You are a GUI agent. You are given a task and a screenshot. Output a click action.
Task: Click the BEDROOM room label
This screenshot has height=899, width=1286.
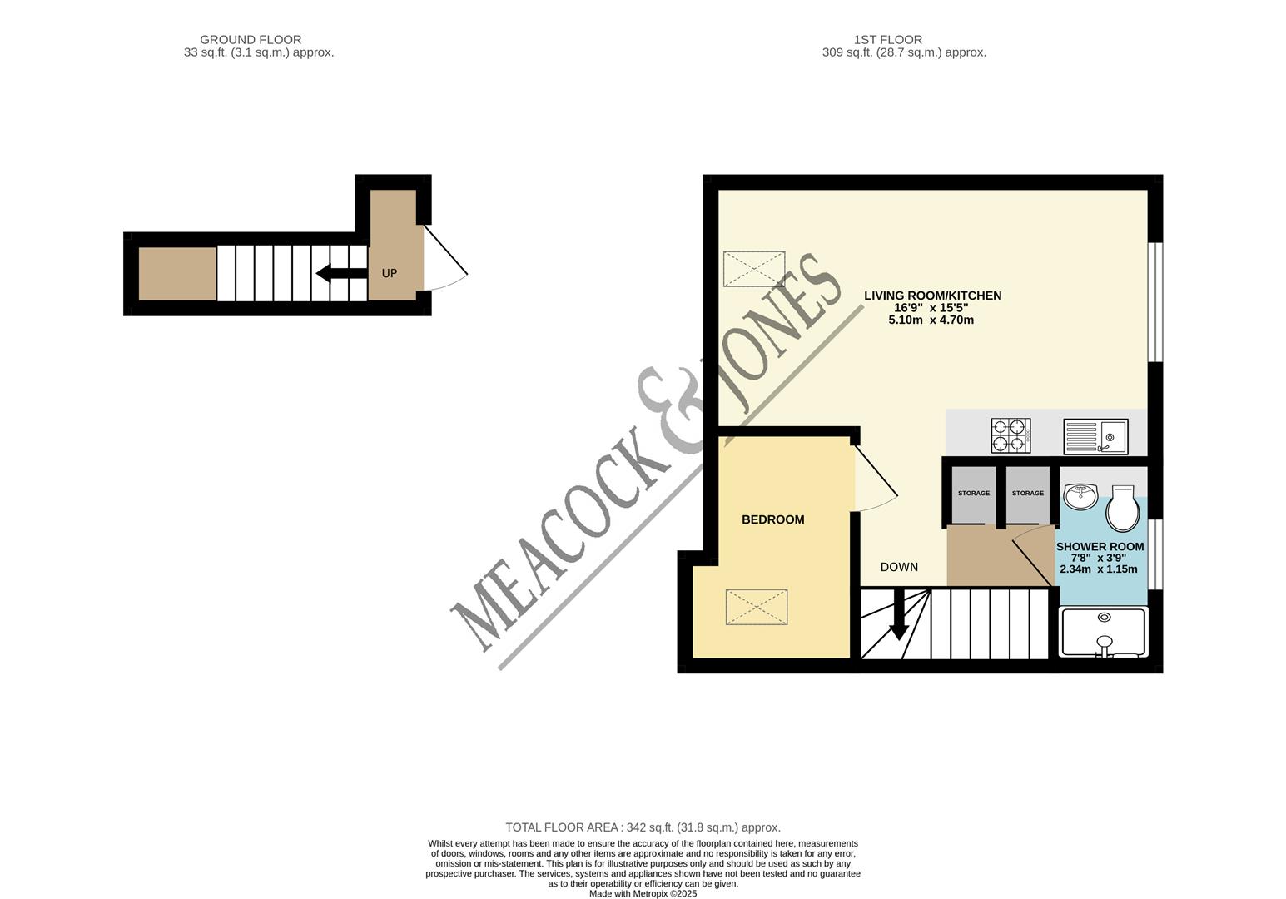(772, 519)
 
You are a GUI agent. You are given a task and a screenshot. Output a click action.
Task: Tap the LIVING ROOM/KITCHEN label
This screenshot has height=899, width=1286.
(932, 296)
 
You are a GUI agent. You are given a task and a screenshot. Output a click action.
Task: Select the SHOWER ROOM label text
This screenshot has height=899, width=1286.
(1100, 547)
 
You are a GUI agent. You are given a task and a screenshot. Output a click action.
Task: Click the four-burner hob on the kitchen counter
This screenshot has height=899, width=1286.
(1010, 435)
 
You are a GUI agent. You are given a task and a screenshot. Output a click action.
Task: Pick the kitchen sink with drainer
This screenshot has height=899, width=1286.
(1095, 436)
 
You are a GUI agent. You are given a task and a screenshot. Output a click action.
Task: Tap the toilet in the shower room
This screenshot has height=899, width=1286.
(1122, 509)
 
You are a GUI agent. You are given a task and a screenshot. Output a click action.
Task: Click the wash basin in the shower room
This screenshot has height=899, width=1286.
(1081, 497)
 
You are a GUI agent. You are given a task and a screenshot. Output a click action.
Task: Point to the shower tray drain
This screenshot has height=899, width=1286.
(1104, 617)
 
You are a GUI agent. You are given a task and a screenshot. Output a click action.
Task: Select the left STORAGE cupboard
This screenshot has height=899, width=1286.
(973, 494)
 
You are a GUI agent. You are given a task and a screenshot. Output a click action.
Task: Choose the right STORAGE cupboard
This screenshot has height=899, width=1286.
(1027, 494)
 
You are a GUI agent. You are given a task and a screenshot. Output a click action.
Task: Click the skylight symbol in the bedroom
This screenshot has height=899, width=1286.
(756, 607)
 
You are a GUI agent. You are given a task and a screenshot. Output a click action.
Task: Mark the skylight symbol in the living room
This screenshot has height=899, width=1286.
(754, 269)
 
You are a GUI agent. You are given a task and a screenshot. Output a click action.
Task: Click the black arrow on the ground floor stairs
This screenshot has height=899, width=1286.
(341, 273)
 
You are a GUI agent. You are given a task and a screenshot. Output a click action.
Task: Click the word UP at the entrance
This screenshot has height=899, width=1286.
(389, 273)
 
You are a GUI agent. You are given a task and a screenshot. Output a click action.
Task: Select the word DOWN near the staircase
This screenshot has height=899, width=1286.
(899, 567)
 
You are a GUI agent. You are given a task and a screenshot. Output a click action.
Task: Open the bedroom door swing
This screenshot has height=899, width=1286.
(874, 483)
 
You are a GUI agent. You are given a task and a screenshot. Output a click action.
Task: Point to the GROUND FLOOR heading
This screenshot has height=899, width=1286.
(251, 39)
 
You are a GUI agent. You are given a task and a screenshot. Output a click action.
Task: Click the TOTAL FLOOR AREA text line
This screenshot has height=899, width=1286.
(643, 827)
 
